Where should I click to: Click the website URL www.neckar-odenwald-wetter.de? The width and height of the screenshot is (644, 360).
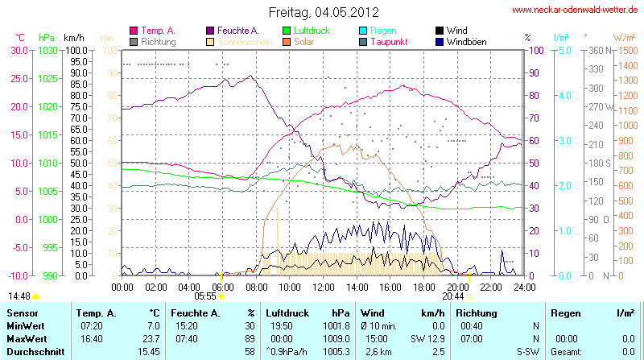coord(576,10)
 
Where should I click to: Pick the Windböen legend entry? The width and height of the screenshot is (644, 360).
coord(465,41)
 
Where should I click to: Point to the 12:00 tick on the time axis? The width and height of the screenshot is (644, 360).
coord(324,286)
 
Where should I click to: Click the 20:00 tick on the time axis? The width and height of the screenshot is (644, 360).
coord(458,286)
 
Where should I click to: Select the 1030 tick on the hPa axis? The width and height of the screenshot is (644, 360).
coord(48,50)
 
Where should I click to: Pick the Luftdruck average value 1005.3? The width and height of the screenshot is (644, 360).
coord(334,352)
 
